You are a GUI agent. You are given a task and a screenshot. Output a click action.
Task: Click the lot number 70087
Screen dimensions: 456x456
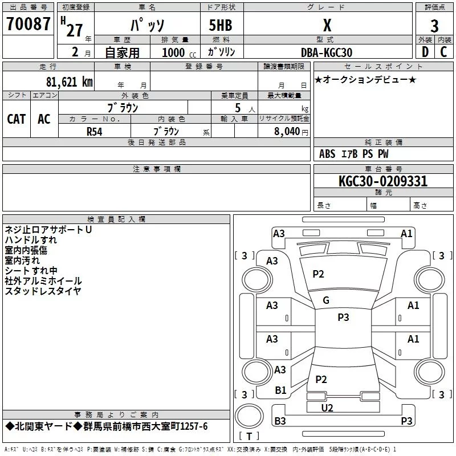[x=28, y=26]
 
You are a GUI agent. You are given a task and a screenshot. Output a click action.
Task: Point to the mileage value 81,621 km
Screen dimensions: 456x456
[x=69, y=82]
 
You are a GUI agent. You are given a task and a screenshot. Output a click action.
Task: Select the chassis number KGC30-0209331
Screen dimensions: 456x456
[x=382, y=182]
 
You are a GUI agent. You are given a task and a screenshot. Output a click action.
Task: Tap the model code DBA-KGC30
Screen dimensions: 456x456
[x=327, y=52]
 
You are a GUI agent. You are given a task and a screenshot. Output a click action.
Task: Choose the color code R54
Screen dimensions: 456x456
[x=95, y=131]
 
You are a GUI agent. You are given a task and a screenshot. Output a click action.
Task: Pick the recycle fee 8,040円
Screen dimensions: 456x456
[x=291, y=131]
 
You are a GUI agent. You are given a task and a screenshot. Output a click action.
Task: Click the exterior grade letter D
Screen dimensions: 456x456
[x=425, y=52]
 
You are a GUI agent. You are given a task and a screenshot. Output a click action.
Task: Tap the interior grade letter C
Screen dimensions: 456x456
[x=443, y=52]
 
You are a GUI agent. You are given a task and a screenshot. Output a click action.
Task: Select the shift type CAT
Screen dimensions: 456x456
[x=17, y=119]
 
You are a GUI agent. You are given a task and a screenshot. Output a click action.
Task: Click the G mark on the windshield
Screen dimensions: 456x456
[x=326, y=300]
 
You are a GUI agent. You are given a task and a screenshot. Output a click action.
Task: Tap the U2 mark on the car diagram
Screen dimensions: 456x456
[x=327, y=408]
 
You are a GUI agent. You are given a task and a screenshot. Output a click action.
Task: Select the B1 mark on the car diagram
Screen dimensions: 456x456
[x=280, y=390]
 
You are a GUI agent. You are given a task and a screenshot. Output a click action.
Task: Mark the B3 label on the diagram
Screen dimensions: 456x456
[x=280, y=421]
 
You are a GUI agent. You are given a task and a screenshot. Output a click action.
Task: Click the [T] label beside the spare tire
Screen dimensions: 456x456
[x=248, y=437]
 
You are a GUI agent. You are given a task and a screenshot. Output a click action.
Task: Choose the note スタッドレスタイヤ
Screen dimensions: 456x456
[x=43, y=291]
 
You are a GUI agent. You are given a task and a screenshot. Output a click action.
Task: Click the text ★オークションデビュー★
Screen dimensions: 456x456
[x=365, y=79]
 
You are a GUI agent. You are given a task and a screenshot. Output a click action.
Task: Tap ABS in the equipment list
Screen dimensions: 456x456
[x=327, y=154]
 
